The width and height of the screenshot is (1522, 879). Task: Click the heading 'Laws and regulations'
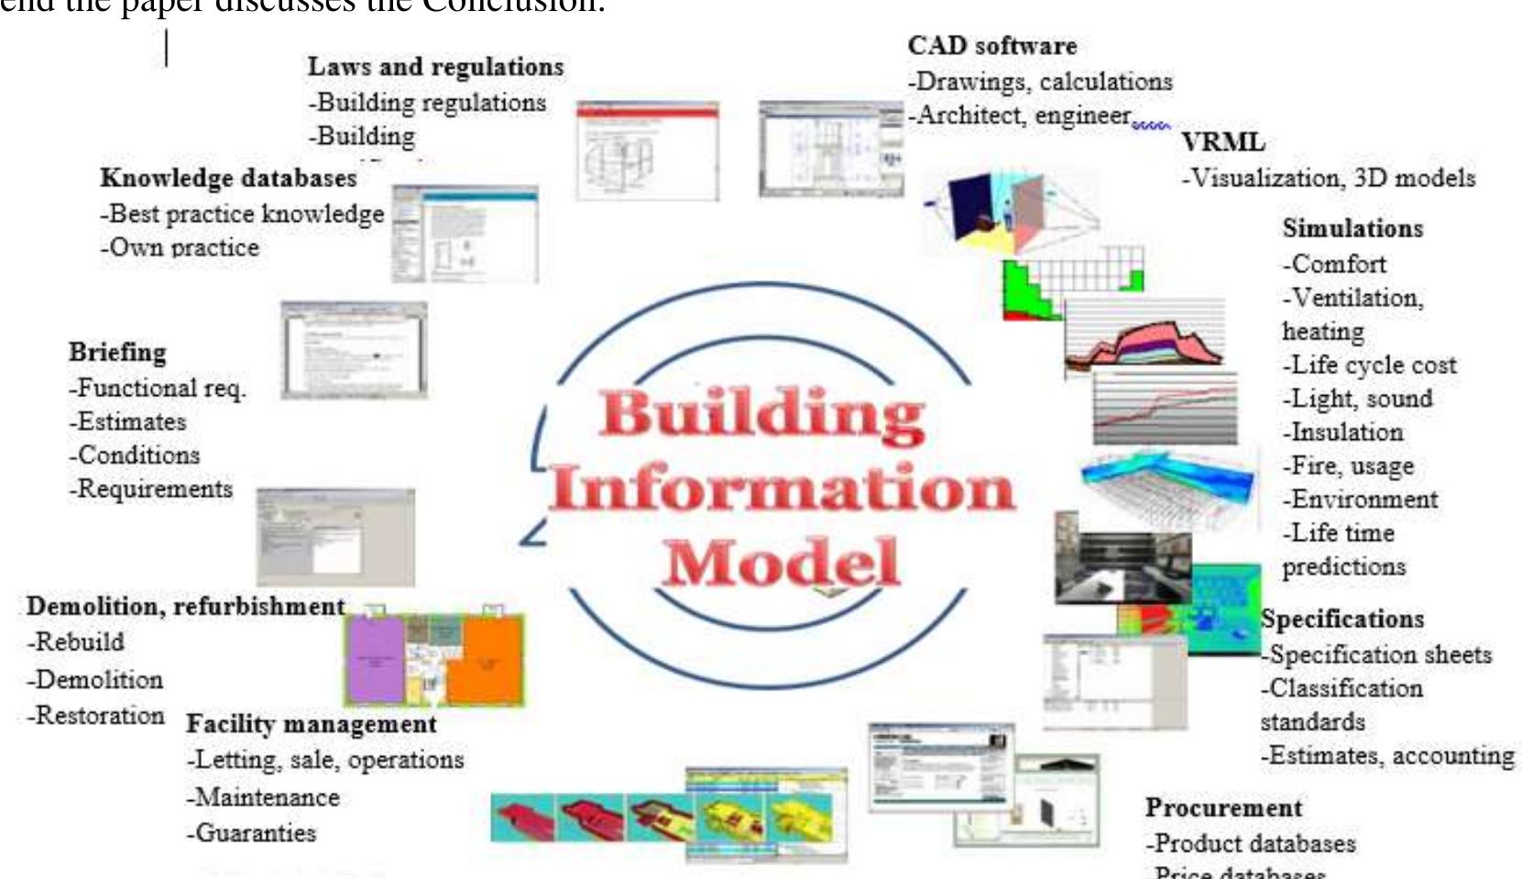(435, 67)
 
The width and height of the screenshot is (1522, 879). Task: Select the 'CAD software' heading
(992, 46)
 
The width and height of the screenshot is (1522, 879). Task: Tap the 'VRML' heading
(1222, 143)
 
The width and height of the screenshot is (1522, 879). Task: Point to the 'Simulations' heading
(1352, 228)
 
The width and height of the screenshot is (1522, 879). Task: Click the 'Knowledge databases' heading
(228, 178)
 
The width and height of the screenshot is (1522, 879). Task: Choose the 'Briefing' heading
(117, 352)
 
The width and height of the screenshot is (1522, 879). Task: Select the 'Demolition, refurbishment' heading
(185, 607)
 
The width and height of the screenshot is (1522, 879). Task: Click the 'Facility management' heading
(312, 724)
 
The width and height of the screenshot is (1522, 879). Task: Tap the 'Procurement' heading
(1223, 808)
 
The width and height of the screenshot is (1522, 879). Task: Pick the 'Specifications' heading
(1342, 619)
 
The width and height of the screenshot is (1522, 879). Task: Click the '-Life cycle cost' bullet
(1370, 365)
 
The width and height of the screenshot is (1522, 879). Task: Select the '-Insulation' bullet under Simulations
(1343, 432)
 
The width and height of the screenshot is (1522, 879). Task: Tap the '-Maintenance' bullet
(263, 797)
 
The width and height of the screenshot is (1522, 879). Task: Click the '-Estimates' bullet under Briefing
(128, 422)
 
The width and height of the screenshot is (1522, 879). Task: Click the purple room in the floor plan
(374, 658)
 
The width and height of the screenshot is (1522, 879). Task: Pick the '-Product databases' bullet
(1251, 843)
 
